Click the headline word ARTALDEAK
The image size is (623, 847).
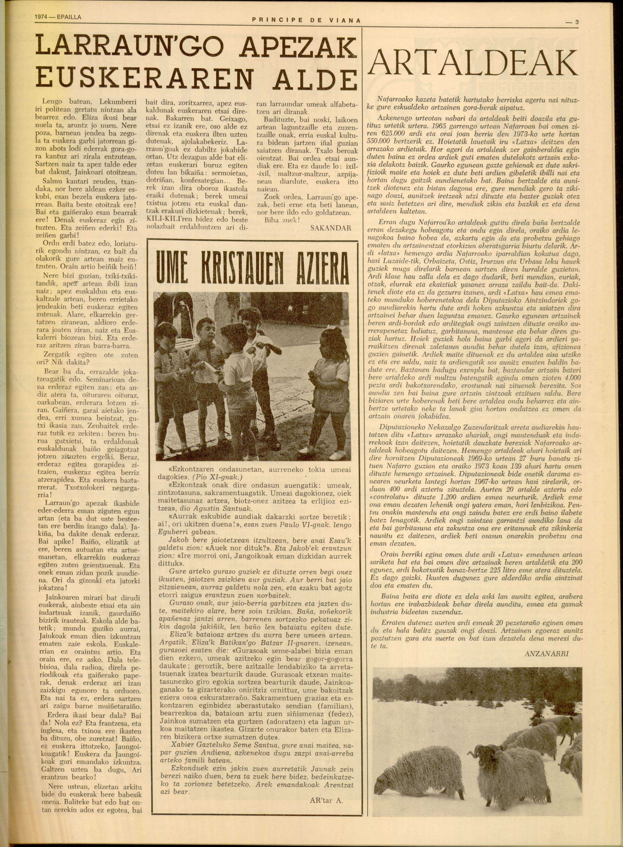coord(473,62)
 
